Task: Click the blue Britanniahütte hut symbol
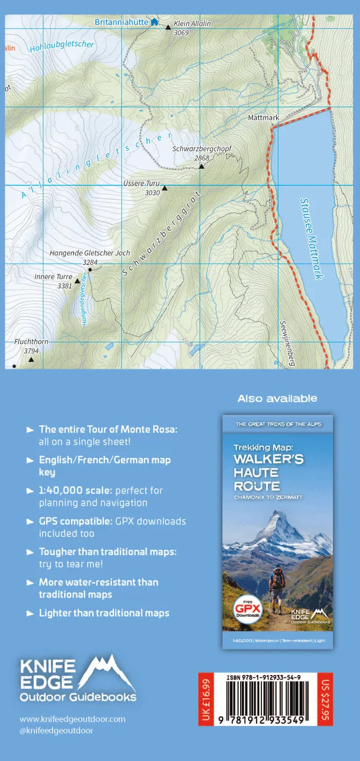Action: pyautogui.click(x=154, y=22)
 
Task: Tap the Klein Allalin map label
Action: pyautogui.click(x=192, y=24)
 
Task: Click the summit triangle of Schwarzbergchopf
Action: pyautogui.click(x=201, y=166)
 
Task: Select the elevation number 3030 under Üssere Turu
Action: pyautogui.click(x=152, y=193)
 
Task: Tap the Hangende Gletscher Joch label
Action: pyautogui.click(x=89, y=253)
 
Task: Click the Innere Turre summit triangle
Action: pyautogui.click(x=77, y=280)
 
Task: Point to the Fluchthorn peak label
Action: pyautogui.click(x=30, y=341)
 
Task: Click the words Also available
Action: pyautogui.click(x=277, y=398)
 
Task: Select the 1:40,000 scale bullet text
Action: pyautogui.click(x=101, y=496)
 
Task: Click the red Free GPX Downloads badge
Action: pyautogui.click(x=247, y=607)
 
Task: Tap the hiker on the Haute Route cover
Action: pyautogui.click(x=277, y=585)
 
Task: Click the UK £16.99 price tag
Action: pyautogui.click(x=206, y=699)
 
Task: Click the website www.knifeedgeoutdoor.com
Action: pyautogui.click(x=73, y=719)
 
